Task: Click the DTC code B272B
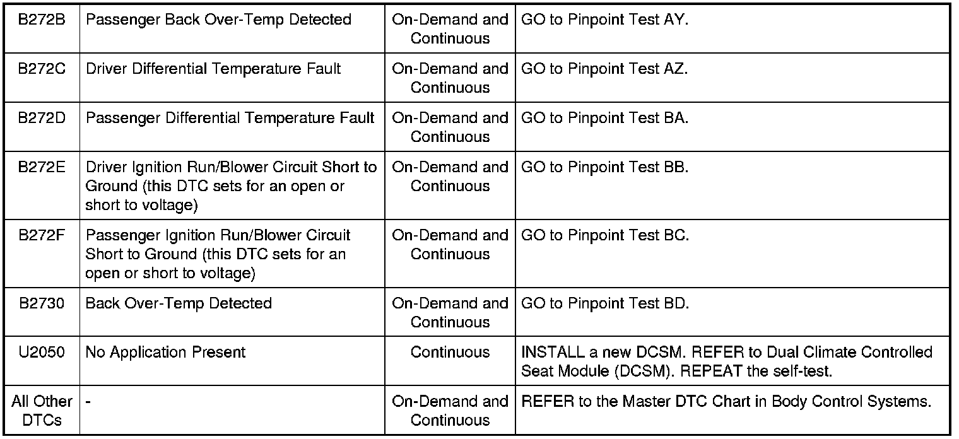tap(42, 20)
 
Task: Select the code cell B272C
tap(42, 69)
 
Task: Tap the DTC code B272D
tap(42, 118)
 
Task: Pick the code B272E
tap(42, 167)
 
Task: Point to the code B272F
tap(42, 235)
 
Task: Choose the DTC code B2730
tap(42, 303)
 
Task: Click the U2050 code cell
tap(42, 353)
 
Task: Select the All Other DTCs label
tap(42, 411)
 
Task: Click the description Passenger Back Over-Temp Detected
tap(218, 20)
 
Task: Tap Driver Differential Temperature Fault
tap(213, 69)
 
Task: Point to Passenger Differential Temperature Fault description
tap(230, 118)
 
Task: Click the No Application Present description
tap(165, 353)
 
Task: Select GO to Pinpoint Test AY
tap(604, 20)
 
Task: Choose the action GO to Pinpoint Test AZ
tap(604, 69)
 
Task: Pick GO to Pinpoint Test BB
tap(604, 167)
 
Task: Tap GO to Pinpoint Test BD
tap(604, 303)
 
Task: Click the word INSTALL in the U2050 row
tap(547, 353)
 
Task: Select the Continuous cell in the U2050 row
tap(450, 353)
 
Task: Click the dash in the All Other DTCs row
tap(88, 402)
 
